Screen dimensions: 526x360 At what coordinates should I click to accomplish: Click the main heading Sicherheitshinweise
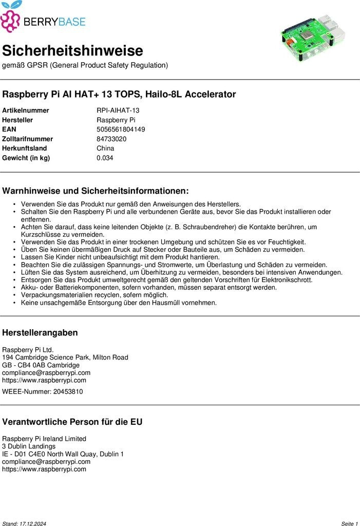point(72,51)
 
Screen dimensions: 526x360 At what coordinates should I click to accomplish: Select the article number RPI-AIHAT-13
point(118,110)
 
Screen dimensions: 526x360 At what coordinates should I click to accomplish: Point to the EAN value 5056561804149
point(121,129)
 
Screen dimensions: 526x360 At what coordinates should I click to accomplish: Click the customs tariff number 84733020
point(111,139)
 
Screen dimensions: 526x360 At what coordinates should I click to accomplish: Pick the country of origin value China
point(105,148)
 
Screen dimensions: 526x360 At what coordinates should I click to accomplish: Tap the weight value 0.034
point(105,158)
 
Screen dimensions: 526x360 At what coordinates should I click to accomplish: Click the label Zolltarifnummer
point(27,139)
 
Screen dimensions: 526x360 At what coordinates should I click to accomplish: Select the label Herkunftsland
point(24,148)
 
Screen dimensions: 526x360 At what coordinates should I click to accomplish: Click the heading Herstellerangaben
point(40,332)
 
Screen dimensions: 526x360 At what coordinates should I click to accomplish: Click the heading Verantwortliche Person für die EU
point(72,422)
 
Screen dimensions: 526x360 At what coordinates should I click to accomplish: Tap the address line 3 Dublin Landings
point(29,446)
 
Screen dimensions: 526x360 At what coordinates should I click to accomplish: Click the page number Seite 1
point(349,523)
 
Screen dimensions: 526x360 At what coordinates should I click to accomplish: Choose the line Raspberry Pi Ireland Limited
point(44,439)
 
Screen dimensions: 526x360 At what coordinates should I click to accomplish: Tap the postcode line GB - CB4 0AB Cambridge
point(41,365)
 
